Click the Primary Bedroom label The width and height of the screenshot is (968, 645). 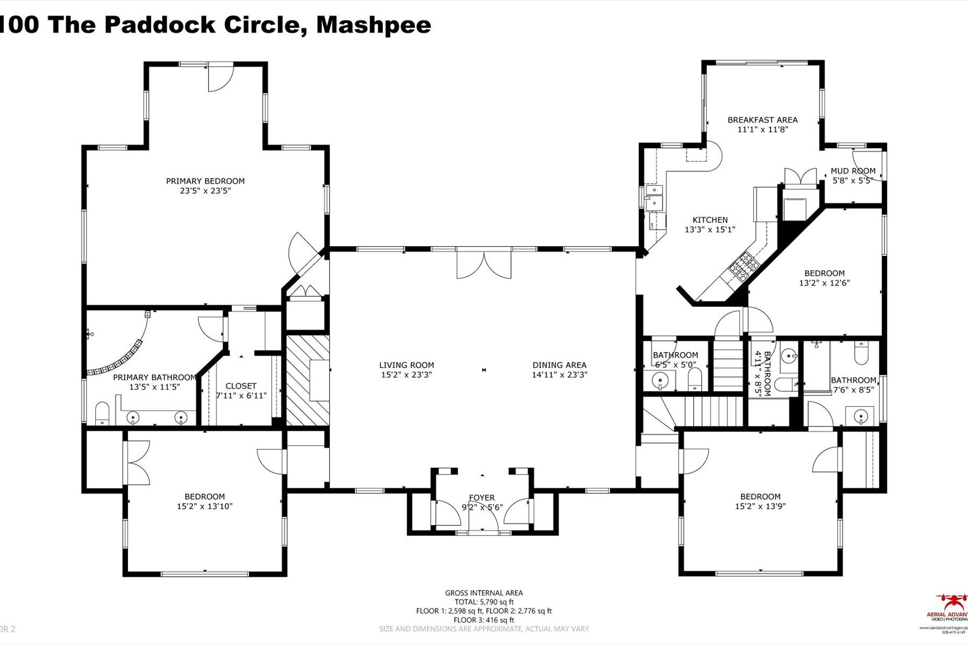tap(205, 181)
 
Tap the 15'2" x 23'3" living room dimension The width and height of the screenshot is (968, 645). tap(407, 375)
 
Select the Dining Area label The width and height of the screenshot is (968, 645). tap(559, 365)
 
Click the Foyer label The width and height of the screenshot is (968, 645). tap(482, 498)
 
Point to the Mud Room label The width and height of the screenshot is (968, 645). tap(853, 171)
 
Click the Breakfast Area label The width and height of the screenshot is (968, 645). tap(763, 120)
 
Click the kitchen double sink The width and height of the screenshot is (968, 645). tap(654, 197)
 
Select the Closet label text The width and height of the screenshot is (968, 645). tap(241, 386)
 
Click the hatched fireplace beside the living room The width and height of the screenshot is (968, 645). tap(307, 380)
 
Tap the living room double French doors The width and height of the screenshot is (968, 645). tap(483, 264)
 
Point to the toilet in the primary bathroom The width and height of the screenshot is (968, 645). tap(102, 414)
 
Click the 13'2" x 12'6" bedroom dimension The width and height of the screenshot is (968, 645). tap(824, 283)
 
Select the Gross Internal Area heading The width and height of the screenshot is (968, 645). tap(483, 593)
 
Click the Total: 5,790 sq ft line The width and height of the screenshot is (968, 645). tap(483, 602)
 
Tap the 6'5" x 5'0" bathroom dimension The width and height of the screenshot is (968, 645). tap(675, 364)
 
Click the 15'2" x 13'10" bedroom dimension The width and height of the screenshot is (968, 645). tap(204, 506)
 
